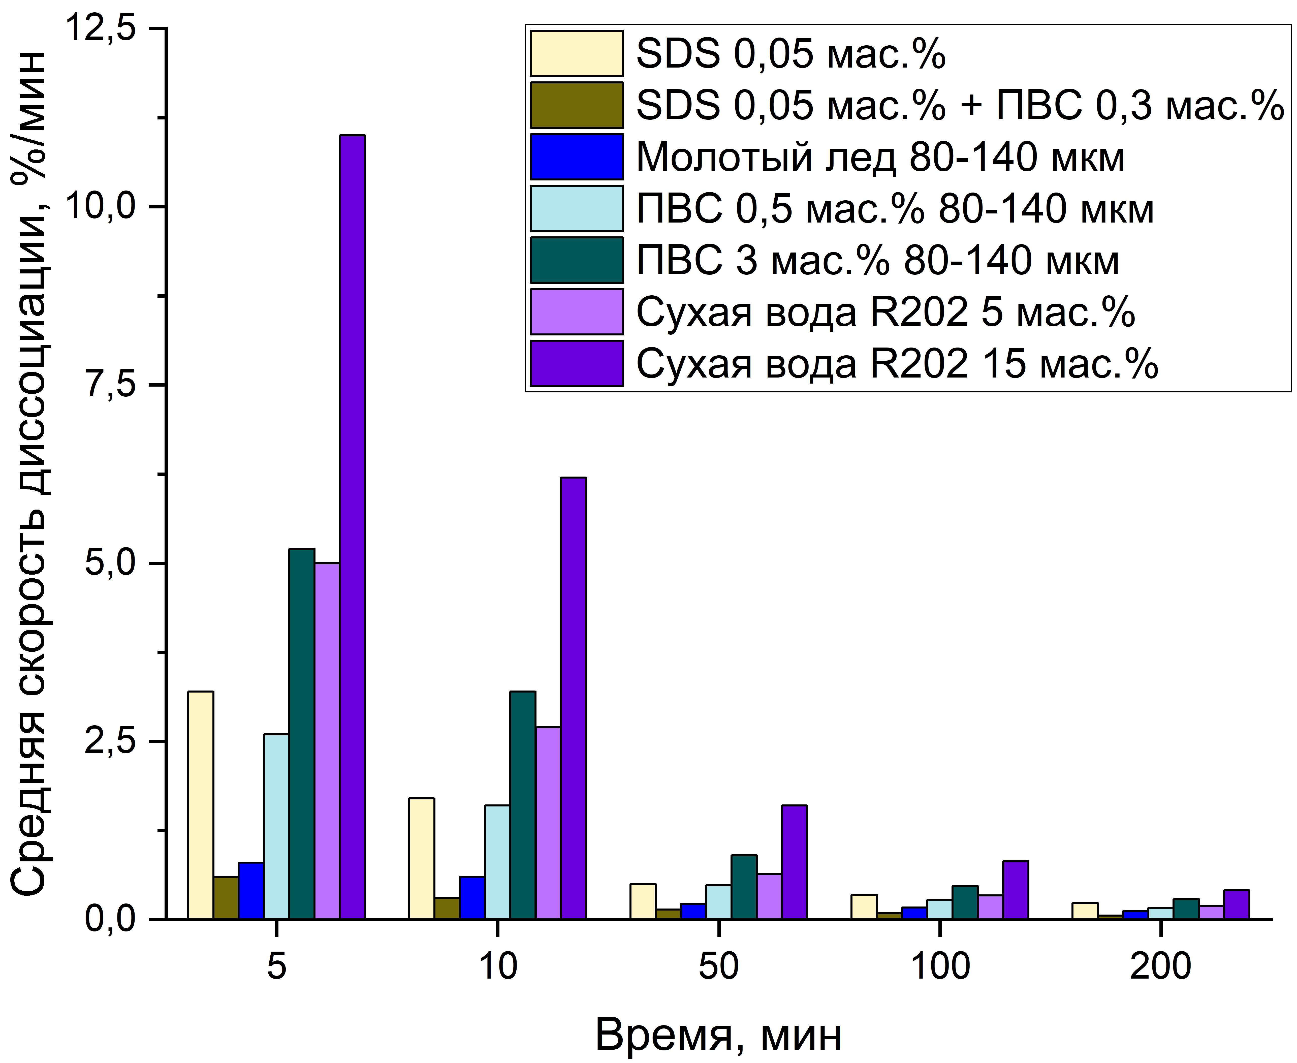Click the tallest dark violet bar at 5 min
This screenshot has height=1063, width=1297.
[x=352, y=527]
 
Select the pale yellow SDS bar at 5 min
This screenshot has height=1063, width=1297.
[x=201, y=805]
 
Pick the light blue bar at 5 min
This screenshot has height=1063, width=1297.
[x=276, y=827]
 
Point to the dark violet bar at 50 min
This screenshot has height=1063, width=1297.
[x=794, y=862]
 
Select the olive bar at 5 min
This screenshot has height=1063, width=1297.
[x=226, y=898]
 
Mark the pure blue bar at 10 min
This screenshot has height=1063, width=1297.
[x=472, y=898]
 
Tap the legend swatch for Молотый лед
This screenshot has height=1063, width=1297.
[x=576, y=157]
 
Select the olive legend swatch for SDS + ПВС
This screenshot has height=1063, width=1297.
[x=576, y=105]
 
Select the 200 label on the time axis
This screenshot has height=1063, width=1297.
[x=1160, y=966]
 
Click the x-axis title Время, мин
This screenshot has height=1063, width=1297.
[x=718, y=1035]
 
